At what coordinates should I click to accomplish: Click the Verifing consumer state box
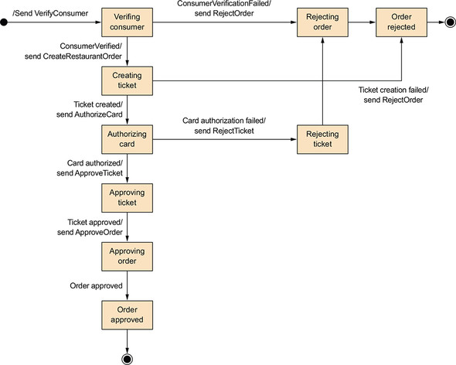click(127, 22)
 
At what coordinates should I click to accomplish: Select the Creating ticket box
click(127, 81)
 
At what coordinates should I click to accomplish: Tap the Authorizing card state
click(127, 139)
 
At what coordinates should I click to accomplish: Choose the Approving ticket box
click(127, 198)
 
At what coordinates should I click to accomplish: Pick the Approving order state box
click(127, 257)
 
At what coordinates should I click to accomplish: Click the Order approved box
click(127, 316)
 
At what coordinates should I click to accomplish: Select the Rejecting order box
click(322, 22)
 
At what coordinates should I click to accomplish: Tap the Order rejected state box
click(402, 22)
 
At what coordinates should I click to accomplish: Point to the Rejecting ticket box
click(322, 139)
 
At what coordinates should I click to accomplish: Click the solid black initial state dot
click(4, 22)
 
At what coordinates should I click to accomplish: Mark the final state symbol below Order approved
click(127, 359)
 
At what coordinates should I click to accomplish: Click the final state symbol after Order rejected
click(451, 22)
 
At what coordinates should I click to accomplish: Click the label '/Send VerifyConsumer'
click(50, 13)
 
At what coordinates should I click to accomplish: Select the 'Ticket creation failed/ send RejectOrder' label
click(393, 95)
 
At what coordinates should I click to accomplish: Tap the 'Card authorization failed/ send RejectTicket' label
click(224, 126)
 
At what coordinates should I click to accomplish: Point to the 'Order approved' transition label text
click(96, 286)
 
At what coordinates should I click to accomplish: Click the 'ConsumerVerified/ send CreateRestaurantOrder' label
click(73, 51)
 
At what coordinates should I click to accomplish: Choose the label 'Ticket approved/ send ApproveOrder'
click(90, 227)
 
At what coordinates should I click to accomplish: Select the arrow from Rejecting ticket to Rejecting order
click(322, 81)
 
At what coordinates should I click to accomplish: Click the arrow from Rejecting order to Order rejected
click(362, 22)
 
